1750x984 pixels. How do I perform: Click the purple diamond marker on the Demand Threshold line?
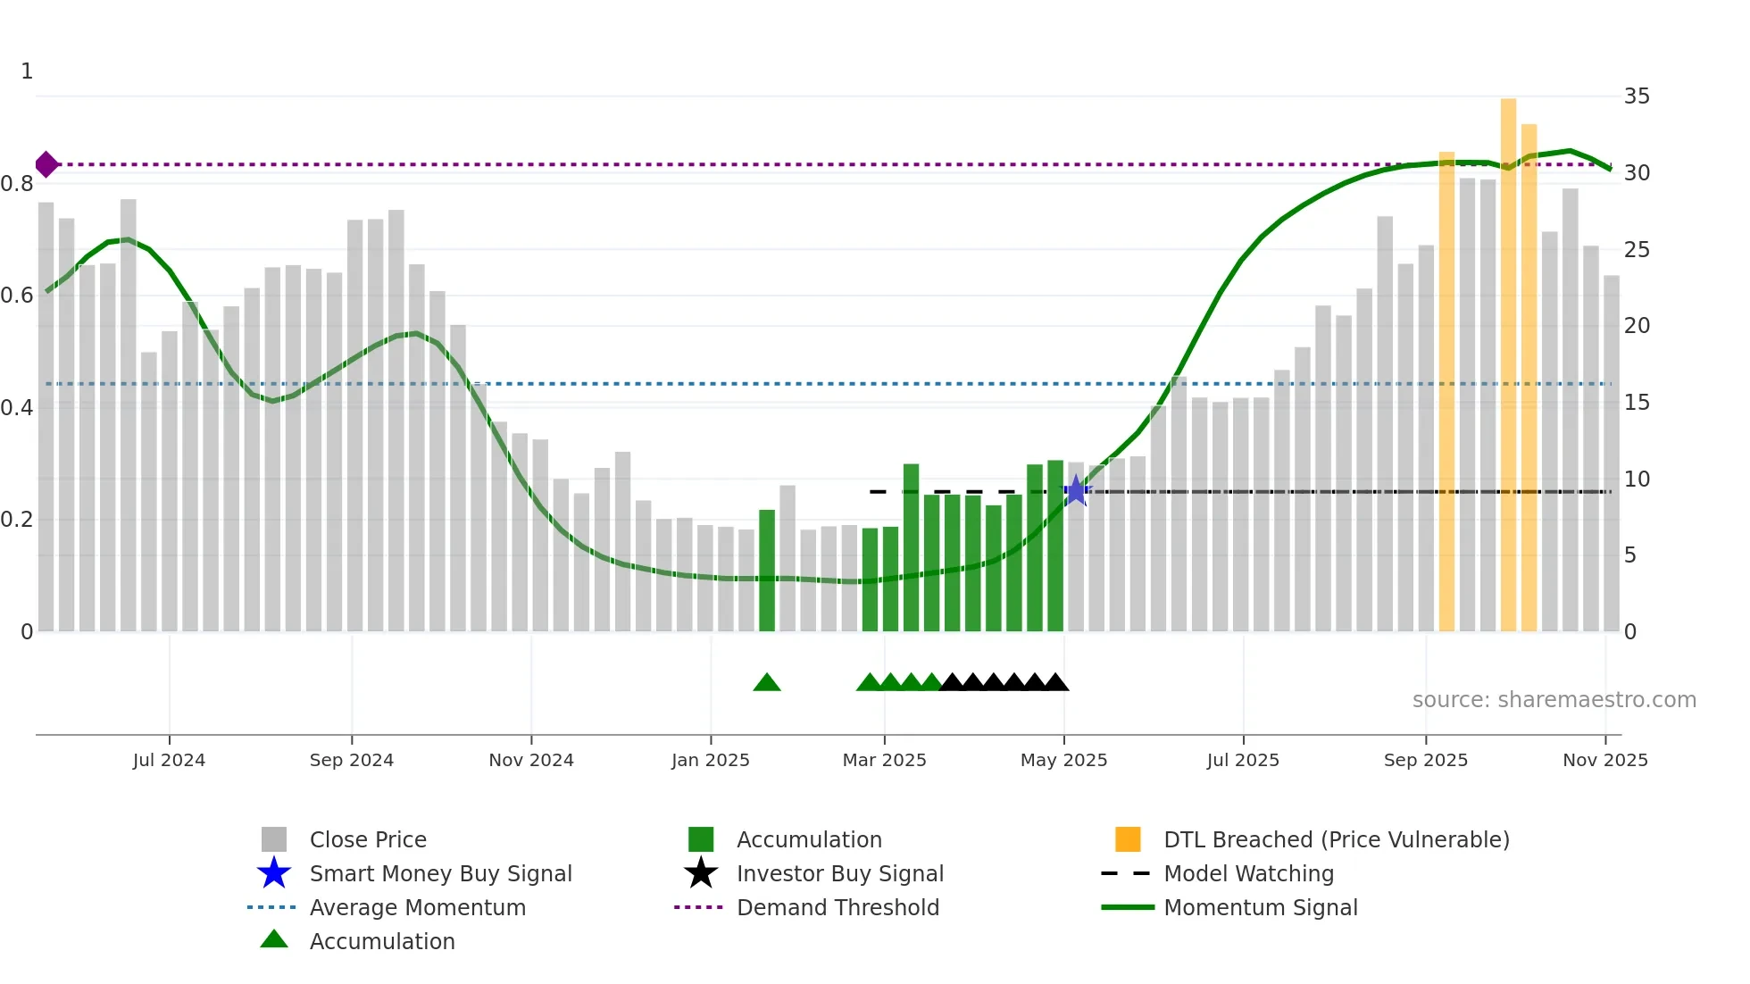pos(46,164)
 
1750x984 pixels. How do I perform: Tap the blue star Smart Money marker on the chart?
pos(1076,490)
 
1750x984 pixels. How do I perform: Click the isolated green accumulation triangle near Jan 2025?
pos(767,683)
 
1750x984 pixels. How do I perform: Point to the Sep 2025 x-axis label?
pos(1425,760)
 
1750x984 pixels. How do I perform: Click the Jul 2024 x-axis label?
pos(169,760)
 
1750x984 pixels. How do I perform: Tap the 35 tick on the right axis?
pos(1636,96)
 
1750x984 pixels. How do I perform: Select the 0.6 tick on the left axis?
pos(18,296)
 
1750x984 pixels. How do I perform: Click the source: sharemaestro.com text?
pos(1554,700)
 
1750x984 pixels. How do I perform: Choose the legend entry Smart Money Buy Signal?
pos(440,873)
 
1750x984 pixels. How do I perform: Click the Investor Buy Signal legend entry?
pos(839,873)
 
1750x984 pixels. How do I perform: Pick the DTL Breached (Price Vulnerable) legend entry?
pos(1336,839)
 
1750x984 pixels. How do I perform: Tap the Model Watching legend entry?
pos(1248,873)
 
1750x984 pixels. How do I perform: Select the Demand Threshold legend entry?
pos(837,907)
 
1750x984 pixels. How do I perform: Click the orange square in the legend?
pos(1128,839)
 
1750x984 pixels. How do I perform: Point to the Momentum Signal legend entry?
pos(1260,907)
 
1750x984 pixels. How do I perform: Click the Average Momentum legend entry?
pos(417,907)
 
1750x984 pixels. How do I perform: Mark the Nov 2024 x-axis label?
pos(531,760)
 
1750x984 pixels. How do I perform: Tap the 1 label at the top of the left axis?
pos(27,71)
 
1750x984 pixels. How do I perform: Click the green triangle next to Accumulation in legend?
pos(274,939)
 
